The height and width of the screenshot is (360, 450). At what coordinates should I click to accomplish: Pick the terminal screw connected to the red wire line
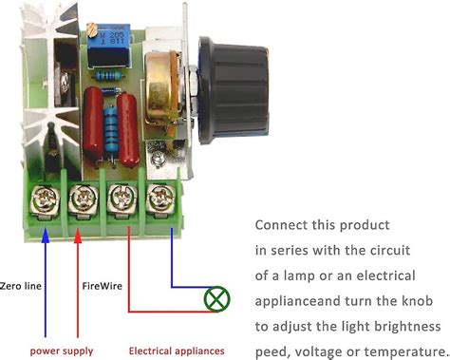pyautogui.click(x=121, y=199)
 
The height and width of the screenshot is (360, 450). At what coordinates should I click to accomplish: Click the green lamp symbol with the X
pyautogui.click(x=216, y=300)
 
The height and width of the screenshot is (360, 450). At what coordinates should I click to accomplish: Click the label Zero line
pyautogui.click(x=23, y=284)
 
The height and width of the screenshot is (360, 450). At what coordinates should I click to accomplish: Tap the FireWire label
pyautogui.click(x=103, y=284)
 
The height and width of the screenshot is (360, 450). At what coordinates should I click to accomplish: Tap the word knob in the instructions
pyautogui.click(x=422, y=300)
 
